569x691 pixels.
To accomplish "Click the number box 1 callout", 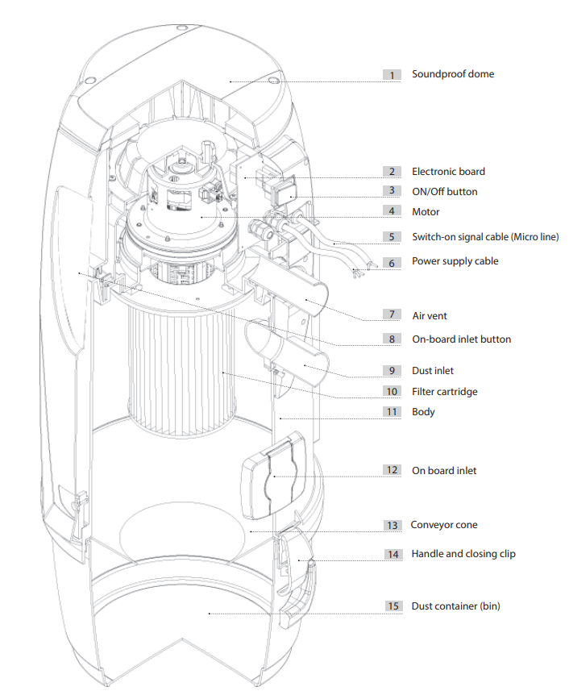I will point(392,74).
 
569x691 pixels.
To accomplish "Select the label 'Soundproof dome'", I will point(453,74).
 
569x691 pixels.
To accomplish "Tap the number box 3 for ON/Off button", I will point(392,191).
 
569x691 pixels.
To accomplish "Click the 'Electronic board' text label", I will point(448,172).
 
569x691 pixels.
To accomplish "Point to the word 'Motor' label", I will point(426,212).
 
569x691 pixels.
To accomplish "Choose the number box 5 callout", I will point(392,237).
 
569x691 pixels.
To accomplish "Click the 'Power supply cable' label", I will point(455,261).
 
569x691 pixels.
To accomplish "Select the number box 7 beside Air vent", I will point(392,314).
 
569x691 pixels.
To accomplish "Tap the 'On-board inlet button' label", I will point(461,339).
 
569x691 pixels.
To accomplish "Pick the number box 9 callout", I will point(392,371).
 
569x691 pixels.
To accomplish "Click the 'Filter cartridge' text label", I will point(444,392).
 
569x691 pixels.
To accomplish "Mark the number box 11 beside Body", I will point(392,411).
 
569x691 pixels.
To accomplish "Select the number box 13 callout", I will point(392,525).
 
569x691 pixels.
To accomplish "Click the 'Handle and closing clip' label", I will point(463,554).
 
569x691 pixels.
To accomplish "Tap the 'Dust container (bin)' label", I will point(455,606).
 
